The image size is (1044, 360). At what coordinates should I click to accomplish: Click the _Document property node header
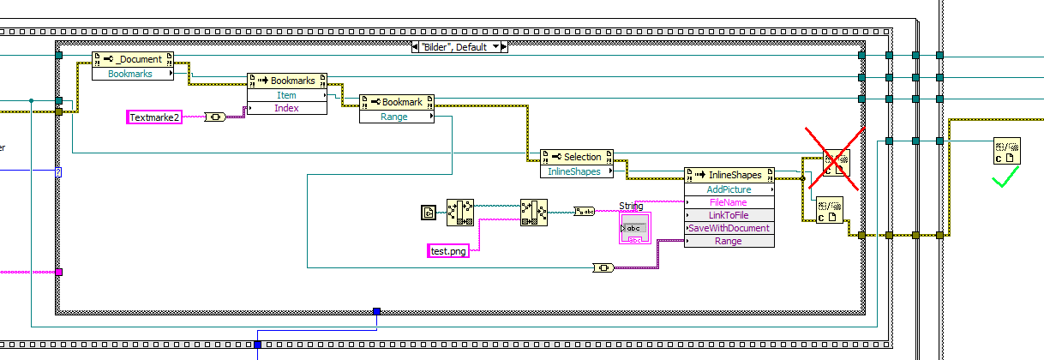(x=133, y=59)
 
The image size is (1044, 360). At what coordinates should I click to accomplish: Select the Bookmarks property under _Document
(x=130, y=74)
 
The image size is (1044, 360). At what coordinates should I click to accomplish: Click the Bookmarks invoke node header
(x=287, y=81)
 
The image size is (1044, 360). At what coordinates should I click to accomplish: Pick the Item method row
(x=286, y=95)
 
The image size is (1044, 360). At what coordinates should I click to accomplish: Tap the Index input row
(x=286, y=108)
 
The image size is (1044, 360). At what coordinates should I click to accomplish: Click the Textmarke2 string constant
(x=155, y=117)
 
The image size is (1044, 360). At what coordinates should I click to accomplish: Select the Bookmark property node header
(x=396, y=102)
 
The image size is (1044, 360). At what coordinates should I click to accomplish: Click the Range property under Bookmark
(x=394, y=117)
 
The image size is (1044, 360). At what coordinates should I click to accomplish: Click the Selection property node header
(x=576, y=157)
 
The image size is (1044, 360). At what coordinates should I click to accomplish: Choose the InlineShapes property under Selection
(x=574, y=171)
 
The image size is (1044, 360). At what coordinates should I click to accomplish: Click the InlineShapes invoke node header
(x=729, y=175)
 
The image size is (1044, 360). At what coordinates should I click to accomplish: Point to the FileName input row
(x=729, y=202)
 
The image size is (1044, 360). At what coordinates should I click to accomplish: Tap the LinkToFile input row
(x=729, y=215)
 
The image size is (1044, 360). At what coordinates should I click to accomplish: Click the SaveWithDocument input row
(x=729, y=228)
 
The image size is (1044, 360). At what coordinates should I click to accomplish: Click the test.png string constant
(x=448, y=251)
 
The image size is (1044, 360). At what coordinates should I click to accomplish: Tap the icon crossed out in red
(x=833, y=159)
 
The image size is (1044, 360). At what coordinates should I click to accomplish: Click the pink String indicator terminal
(x=634, y=229)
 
